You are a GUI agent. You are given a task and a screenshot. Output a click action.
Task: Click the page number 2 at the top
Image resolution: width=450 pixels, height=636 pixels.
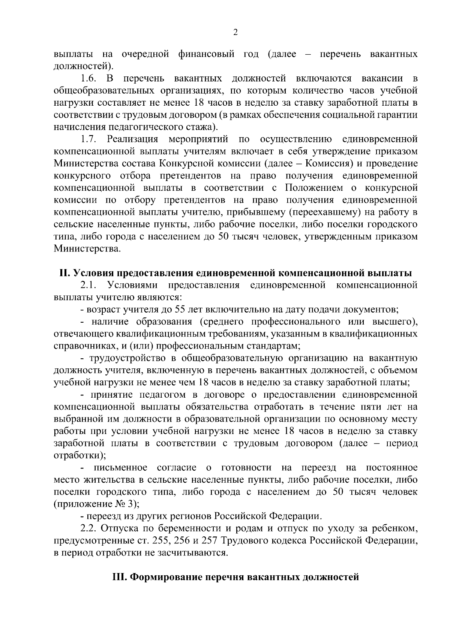point(235,33)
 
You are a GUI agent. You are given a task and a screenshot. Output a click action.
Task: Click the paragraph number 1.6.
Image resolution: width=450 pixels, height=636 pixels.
point(89,79)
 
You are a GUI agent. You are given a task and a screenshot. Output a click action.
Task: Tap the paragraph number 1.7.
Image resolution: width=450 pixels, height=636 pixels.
point(89,140)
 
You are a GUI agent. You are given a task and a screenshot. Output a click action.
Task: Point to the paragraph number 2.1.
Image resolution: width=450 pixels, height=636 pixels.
point(89,285)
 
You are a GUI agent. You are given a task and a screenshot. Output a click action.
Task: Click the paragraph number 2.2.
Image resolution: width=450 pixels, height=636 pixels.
point(89,529)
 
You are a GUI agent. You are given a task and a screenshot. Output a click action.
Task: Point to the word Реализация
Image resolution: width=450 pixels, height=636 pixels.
point(133,140)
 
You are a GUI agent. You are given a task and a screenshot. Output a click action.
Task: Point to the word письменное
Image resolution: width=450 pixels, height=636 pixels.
point(121,468)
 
